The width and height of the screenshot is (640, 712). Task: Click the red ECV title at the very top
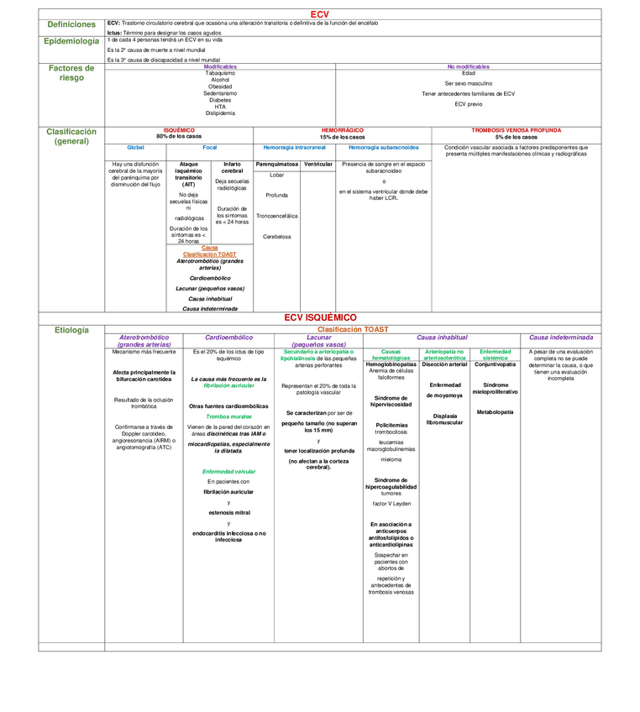point(319,14)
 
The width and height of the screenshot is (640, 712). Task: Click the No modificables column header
point(468,66)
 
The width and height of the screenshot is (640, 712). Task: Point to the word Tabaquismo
point(220,73)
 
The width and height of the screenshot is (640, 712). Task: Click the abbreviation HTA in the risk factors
point(220,107)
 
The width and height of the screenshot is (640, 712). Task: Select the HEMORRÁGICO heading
point(342,130)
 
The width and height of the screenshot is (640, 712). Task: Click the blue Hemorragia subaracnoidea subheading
point(384,147)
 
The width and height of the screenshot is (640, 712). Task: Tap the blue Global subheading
point(135,147)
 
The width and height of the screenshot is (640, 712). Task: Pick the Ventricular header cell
point(318,164)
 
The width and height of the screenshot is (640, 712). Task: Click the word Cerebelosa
point(276,237)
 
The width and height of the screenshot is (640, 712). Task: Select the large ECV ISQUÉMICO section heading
point(320,317)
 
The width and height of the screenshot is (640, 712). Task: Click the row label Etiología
point(71,330)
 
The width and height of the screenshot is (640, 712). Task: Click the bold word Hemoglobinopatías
point(391,364)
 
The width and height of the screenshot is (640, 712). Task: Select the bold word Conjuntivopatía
point(496,364)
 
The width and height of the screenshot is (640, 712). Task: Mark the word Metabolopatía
point(496,412)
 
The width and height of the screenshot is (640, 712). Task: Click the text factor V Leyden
point(391,504)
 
